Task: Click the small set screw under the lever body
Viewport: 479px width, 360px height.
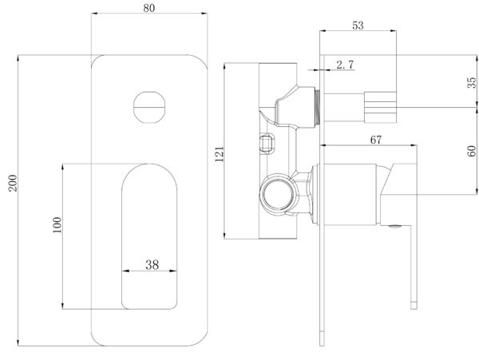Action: (393, 226)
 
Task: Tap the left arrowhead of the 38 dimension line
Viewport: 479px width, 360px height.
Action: (125, 270)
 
